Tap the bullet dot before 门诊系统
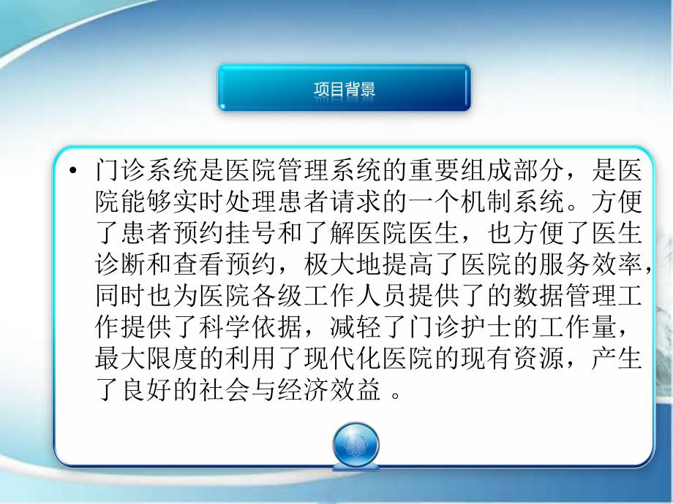[72, 172]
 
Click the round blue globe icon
[356, 442]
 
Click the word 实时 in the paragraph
[196, 199]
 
